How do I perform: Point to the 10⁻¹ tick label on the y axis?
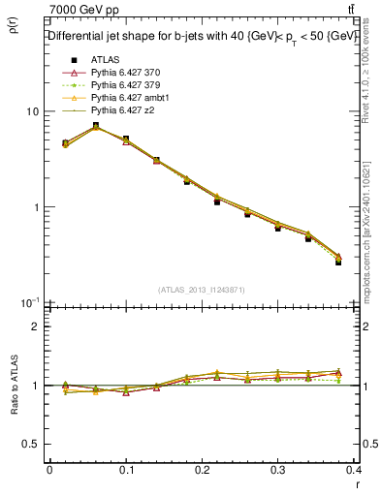[x=29, y=302]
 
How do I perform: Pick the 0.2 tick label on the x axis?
[x=202, y=471]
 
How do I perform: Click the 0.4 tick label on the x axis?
[x=354, y=471]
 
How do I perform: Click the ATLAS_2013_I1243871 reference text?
[x=203, y=290]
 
